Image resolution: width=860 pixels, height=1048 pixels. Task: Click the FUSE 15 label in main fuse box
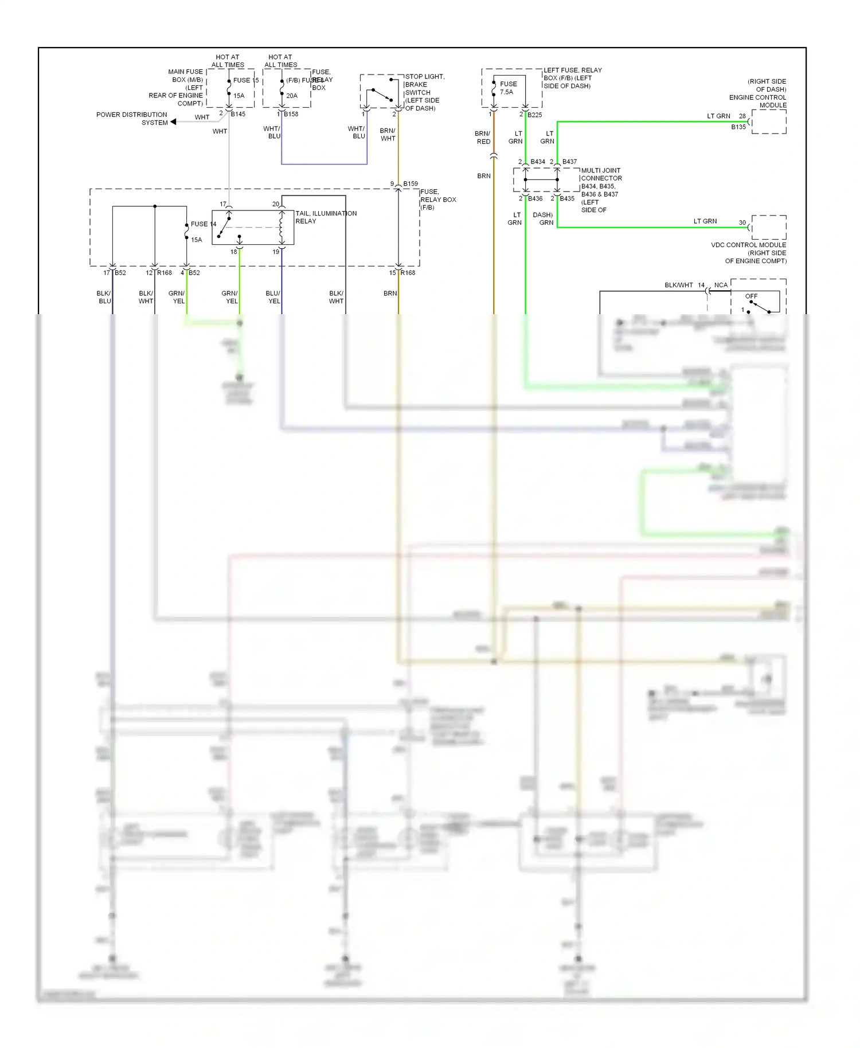[x=245, y=80]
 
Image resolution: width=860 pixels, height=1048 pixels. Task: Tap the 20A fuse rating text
[x=292, y=96]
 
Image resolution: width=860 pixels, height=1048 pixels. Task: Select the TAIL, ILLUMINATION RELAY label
[x=326, y=217]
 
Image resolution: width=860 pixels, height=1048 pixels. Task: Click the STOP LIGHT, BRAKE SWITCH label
[x=424, y=92]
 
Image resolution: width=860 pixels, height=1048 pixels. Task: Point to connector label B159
[x=411, y=184]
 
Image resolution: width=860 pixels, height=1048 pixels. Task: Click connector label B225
[x=534, y=115]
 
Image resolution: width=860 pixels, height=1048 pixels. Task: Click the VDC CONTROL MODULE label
[x=748, y=245]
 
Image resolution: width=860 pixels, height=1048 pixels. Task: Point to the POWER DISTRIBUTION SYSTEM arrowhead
[x=173, y=122]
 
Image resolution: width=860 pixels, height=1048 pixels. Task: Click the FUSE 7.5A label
[x=507, y=88]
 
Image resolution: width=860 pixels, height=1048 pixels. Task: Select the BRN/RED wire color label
[x=483, y=138]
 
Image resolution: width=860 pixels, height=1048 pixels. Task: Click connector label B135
[x=738, y=127]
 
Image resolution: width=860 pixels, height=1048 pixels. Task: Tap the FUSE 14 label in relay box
[x=203, y=224]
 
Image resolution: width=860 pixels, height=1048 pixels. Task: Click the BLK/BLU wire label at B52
[x=104, y=297]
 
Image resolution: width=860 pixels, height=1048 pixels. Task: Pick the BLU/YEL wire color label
[x=273, y=297]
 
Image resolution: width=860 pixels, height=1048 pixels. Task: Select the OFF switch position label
[x=751, y=296]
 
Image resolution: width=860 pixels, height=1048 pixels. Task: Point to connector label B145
[x=238, y=114]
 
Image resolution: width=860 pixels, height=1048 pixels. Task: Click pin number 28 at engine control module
[x=742, y=116]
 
